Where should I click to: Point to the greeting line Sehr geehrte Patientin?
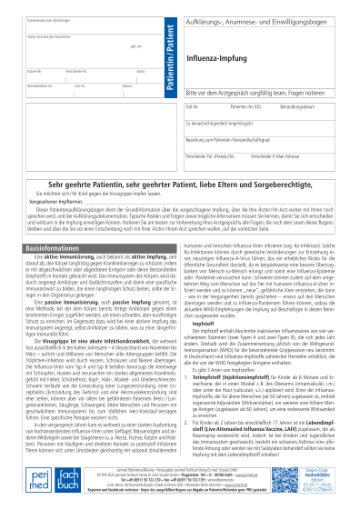180,183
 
